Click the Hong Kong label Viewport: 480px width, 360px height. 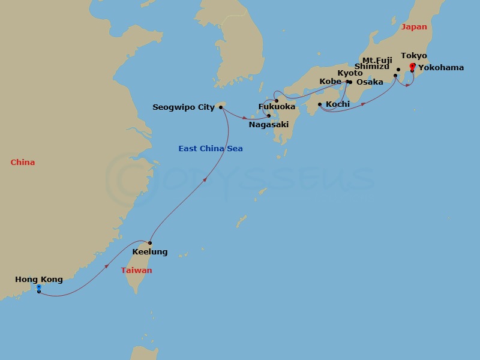click(x=39, y=280)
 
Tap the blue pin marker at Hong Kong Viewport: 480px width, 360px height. click(x=39, y=288)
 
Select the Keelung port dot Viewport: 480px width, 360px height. click(x=150, y=243)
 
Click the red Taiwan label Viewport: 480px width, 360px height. click(x=136, y=271)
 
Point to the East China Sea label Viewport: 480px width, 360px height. click(x=210, y=149)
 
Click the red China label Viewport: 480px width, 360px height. click(x=22, y=163)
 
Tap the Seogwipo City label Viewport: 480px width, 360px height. click(x=184, y=107)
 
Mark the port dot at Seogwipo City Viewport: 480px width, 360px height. click(x=221, y=107)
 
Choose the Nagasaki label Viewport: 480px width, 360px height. click(x=269, y=125)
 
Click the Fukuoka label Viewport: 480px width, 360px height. click(x=277, y=107)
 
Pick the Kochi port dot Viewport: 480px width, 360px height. click(x=320, y=104)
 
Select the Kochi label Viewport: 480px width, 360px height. click(x=338, y=104)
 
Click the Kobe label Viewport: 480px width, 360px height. click(x=331, y=82)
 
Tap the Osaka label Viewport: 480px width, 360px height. click(x=370, y=82)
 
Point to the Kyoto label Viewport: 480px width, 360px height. click(x=350, y=73)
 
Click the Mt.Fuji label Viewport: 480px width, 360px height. click(x=377, y=60)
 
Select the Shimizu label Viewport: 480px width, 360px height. click(x=372, y=67)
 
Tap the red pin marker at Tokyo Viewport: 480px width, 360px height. click(x=412, y=65)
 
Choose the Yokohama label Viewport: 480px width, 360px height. click(x=441, y=68)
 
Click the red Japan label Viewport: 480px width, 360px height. click(x=414, y=27)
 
